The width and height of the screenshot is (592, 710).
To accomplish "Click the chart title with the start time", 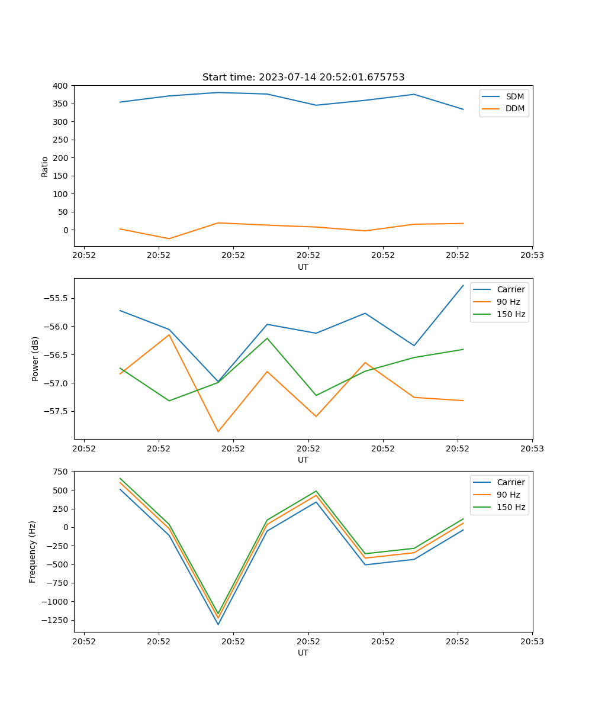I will coord(303,78).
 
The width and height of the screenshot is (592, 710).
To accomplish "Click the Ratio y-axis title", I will coord(45,166).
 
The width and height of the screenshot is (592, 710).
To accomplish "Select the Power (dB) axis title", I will coord(36,359).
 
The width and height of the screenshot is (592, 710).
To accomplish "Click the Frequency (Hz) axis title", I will coord(33,551).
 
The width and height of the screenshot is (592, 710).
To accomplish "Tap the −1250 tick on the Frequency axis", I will coord(55,620).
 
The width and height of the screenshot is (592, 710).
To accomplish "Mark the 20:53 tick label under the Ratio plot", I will coord(532,256).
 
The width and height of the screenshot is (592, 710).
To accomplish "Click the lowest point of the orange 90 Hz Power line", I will coord(218,431).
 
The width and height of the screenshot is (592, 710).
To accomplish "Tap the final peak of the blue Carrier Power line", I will coord(463,286).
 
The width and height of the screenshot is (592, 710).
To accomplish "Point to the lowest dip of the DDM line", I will coord(169,238).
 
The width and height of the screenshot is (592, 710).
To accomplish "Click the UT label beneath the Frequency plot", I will coord(303,653).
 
